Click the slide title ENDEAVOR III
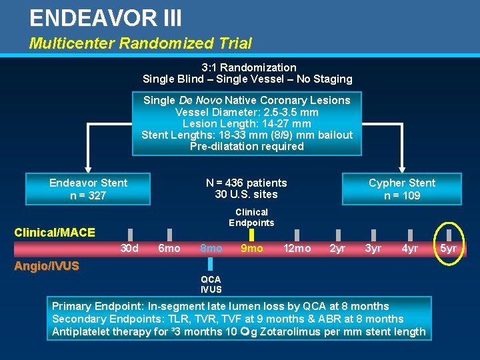click(105, 18)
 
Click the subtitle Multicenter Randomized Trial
click(140, 44)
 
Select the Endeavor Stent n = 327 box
click(88, 189)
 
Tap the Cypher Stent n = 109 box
click(401, 189)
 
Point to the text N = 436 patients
click(247, 183)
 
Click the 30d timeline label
click(129, 249)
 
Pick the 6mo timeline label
click(169, 249)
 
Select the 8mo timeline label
click(211, 249)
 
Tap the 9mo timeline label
click(251, 249)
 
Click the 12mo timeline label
click(297, 249)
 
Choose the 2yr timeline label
click(338, 249)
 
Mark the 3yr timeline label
click(373, 249)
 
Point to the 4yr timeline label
click(410, 249)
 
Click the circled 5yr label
click(449, 249)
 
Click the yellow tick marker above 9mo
click(251, 235)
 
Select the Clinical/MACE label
click(55, 233)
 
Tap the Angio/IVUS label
click(46, 267)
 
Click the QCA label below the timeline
click(211, 279)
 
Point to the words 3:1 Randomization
click(249, 67)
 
